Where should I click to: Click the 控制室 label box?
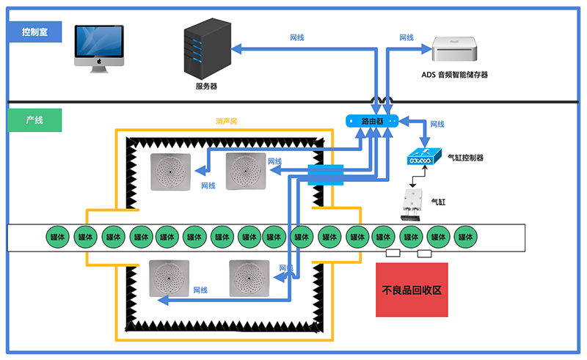point(34,32)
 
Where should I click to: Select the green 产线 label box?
point(34,120)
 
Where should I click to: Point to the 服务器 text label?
point(206,86)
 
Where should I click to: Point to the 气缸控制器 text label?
point(465,158)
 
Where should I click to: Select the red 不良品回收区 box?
point(412,290)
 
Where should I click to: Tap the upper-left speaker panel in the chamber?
point(170,172)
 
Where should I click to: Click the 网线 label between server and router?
point(297,37)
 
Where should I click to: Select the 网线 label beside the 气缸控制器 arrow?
point(437,125)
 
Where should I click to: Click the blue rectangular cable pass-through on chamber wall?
point(325,175)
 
